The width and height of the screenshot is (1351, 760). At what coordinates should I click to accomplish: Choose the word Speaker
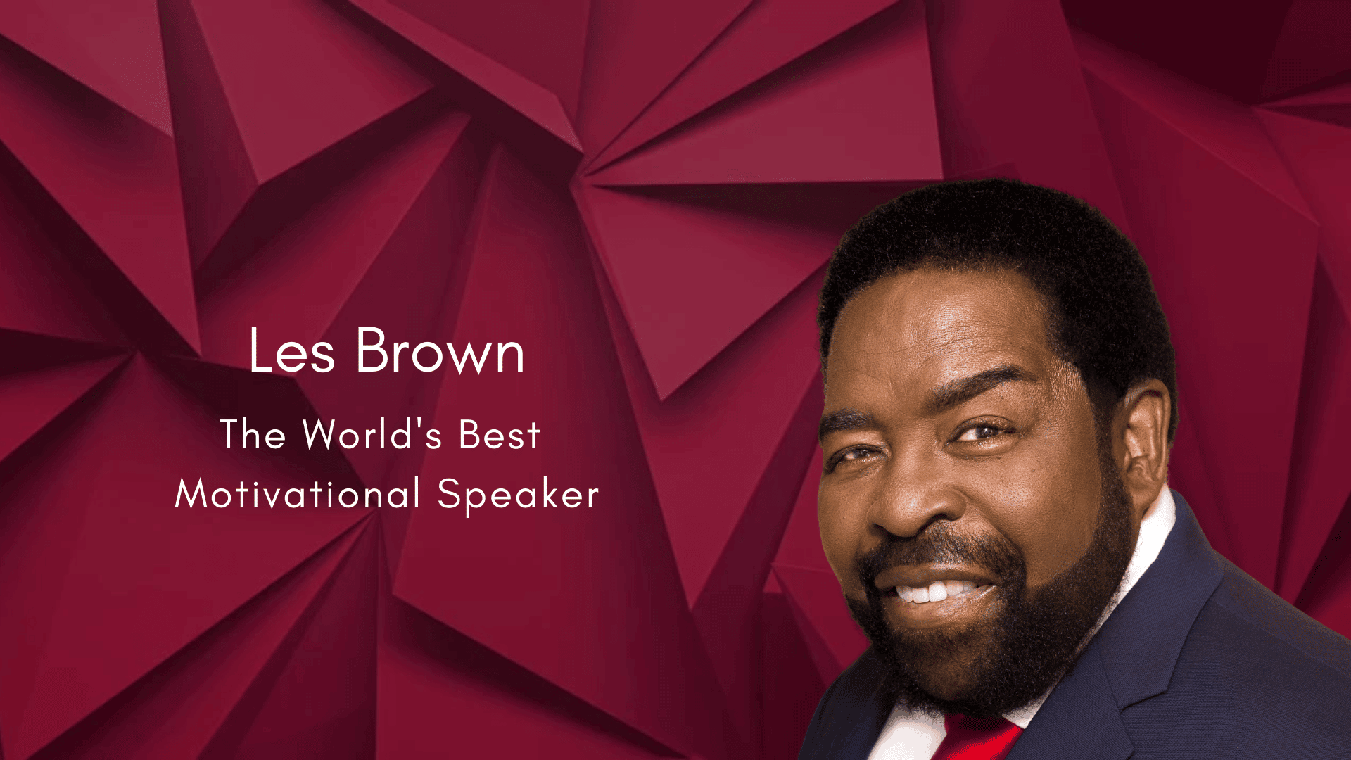coord(518,495)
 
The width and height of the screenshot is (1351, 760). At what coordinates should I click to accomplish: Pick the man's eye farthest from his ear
coord(851,456)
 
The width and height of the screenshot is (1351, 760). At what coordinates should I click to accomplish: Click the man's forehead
coord(936,331)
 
